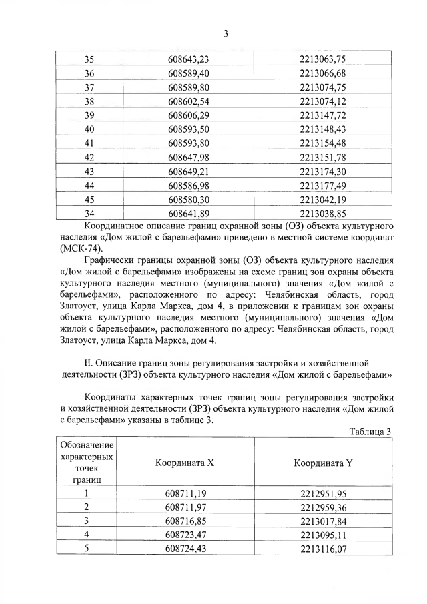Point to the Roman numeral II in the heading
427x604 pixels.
pos(83,362)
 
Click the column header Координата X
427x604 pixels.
pos(185,463)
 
